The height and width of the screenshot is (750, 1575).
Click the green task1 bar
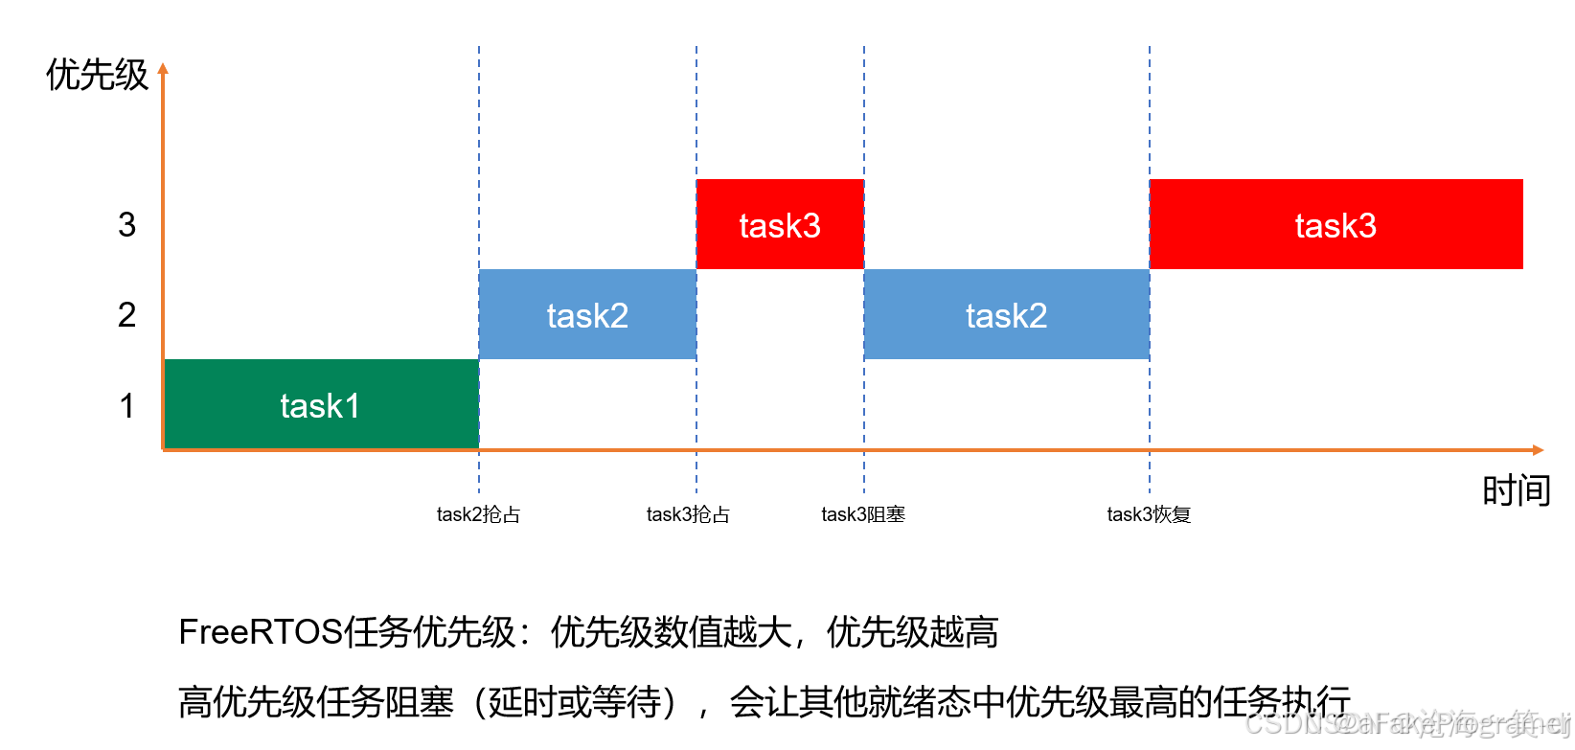tap(240, 404)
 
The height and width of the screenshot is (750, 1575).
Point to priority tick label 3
tap(127, 225)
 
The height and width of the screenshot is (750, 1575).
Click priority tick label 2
tap(127, 315)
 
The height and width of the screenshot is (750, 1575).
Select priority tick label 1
tap(127, 406)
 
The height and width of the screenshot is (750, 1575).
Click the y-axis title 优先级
tap(97, 75)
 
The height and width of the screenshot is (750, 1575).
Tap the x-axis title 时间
tap(1517, 491)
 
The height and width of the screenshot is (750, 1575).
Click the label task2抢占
tap(478, 514)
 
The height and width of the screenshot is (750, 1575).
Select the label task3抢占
tap(688, 514)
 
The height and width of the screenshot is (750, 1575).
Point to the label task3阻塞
tap(863, 514)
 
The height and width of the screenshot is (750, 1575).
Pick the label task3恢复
tap(1149, 514)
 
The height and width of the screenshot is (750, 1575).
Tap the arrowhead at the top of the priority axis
tap(163, 69)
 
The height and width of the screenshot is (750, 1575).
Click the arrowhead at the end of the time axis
tap(1538, 449)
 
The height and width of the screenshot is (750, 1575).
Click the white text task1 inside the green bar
tap(320, 406)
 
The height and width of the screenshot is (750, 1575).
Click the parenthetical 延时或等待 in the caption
tap(576, 702)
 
